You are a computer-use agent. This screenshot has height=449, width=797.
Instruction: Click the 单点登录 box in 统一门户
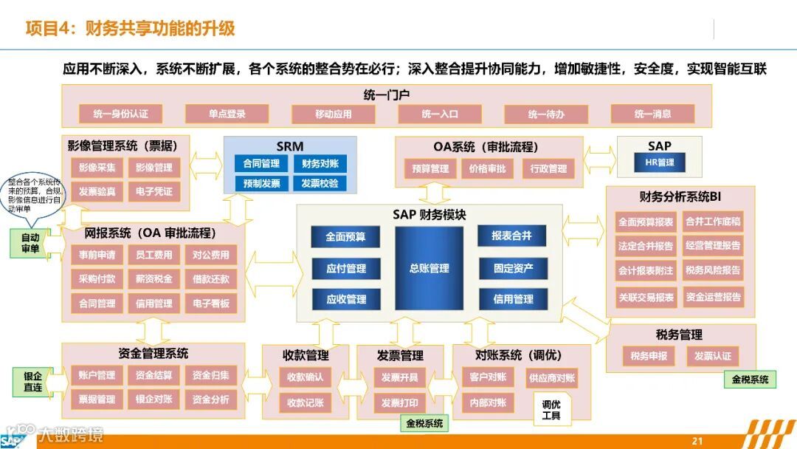pyautogui.click(x=226, y=114)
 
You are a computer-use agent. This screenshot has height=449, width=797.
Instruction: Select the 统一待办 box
pyautogui.click(x=546, y=114)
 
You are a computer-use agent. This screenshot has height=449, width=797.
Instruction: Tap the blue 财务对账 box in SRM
pyautogui.click(x=320, y=164)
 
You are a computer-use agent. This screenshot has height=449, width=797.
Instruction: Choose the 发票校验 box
pyautogui.click(x=320, y=183)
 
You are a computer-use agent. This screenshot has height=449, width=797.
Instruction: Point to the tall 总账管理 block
pyautogui.click(x=429, y=269)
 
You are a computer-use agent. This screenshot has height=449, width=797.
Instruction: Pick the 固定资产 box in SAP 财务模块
pyautogui.click(x=513, y=269)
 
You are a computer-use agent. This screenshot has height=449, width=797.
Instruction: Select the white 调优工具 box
pyautogui.click(x=551, y=410)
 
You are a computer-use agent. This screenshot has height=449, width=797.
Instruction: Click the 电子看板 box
pyautogui.click(x=212, y=304)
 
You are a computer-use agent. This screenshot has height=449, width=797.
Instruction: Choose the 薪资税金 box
pyautogui.click(x=154, y=279)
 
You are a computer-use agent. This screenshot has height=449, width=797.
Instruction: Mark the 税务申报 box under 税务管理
pyautogui.click(x=649, y=356)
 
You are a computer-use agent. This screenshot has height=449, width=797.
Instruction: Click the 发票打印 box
pyautogui.click(x=399, y=403)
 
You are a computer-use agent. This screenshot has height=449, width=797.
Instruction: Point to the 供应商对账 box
pyautogui.click(x=551, y=378)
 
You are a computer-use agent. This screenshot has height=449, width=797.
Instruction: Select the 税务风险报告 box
pyautogui.click(x=713, y=270)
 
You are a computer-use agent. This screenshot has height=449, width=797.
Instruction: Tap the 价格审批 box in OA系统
pyautogui.click(x=488, y=168)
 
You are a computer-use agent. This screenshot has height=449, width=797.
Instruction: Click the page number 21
pyautogui.click(x=697, y=441)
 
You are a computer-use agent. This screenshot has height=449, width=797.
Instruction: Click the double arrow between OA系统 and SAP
pyautogui.click(x=600, y=157)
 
